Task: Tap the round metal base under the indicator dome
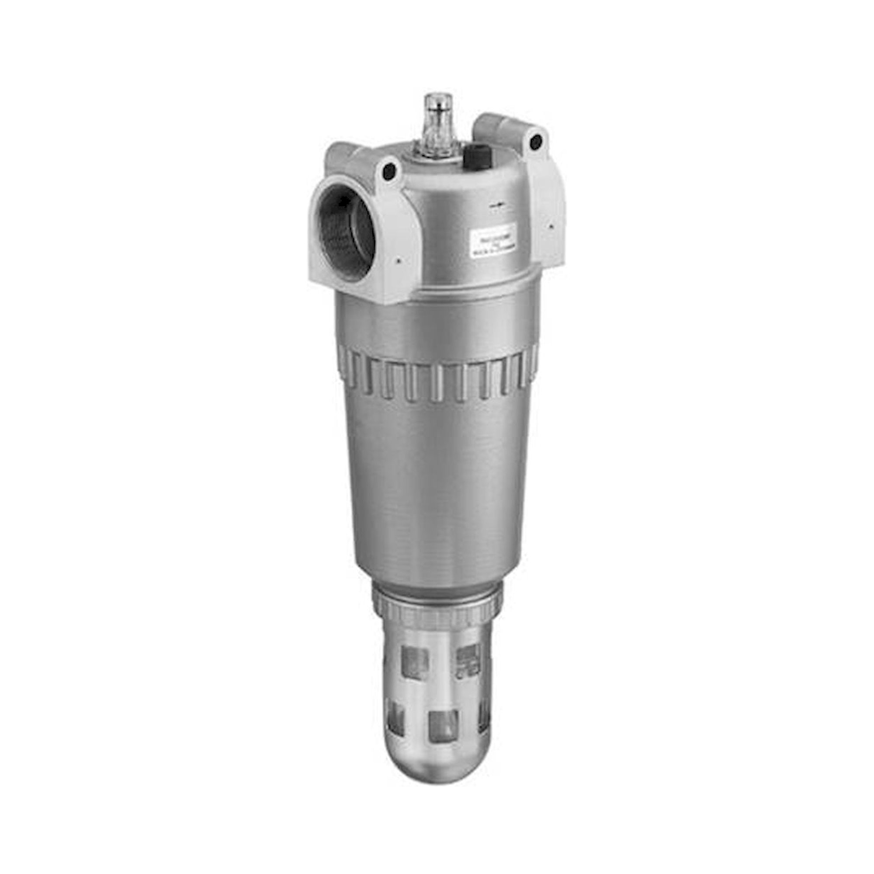[434, 154]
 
